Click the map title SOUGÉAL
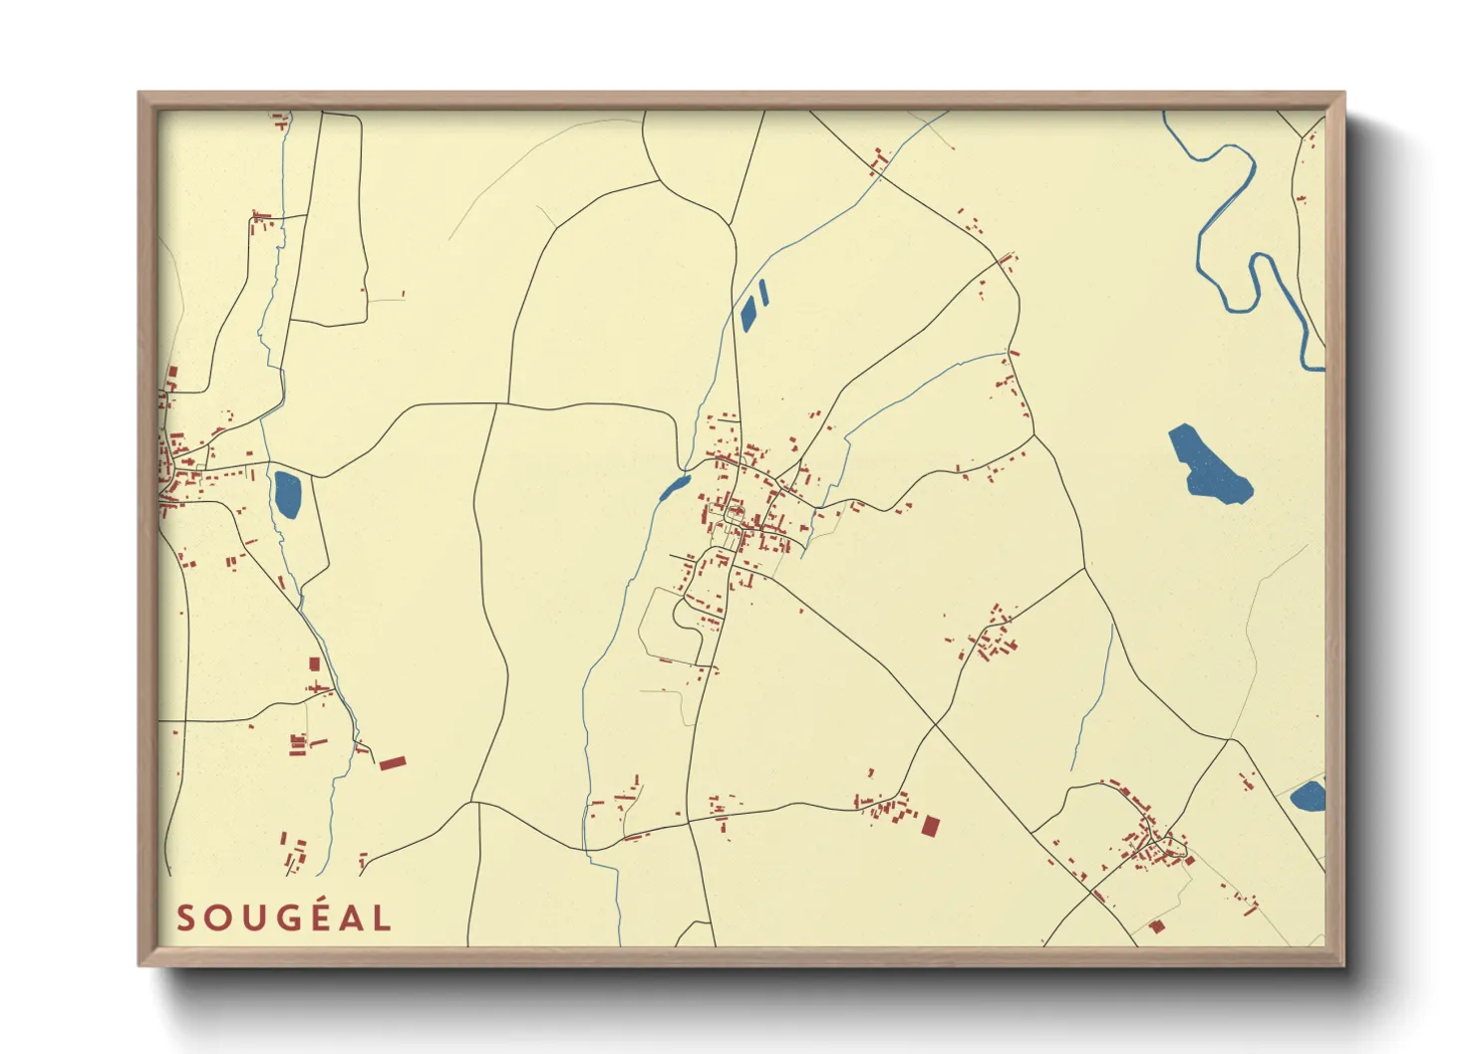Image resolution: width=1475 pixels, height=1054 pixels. tap(284, 918)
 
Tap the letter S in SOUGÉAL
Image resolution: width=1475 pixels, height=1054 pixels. tap(185, 918)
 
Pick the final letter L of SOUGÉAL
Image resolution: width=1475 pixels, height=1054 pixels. tap(382, 918)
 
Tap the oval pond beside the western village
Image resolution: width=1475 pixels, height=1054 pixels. tap(287, 494)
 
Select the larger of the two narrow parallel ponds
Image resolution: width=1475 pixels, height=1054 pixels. tap(747, 312)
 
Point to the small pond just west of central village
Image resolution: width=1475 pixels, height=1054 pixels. tap(674, 488)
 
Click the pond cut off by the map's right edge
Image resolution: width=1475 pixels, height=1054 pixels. tap(1310, 796)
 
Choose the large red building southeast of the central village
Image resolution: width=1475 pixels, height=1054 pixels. tap(930, 826)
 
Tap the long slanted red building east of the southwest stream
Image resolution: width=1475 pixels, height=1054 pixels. tap(392, 763)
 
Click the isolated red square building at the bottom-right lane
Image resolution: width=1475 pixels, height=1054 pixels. tap(1156, 926)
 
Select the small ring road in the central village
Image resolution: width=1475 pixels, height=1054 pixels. tap(736, 515)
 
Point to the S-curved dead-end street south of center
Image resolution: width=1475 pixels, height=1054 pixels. tap(688, 618)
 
